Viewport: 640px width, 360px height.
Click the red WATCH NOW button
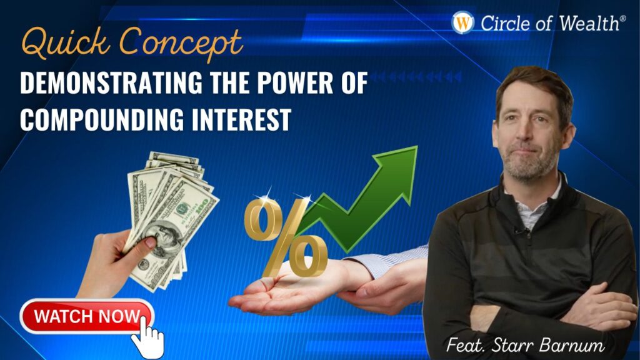tap(87, 316)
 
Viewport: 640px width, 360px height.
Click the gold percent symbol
tap(286, 237)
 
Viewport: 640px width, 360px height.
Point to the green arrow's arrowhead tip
tap(417, 146)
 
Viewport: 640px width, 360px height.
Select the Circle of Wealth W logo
tap(463, 22)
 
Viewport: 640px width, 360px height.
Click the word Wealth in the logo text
tap(589, 23)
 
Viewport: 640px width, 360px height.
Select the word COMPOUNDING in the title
tap(102, 119)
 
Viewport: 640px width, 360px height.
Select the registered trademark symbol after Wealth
tap(622, 18)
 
